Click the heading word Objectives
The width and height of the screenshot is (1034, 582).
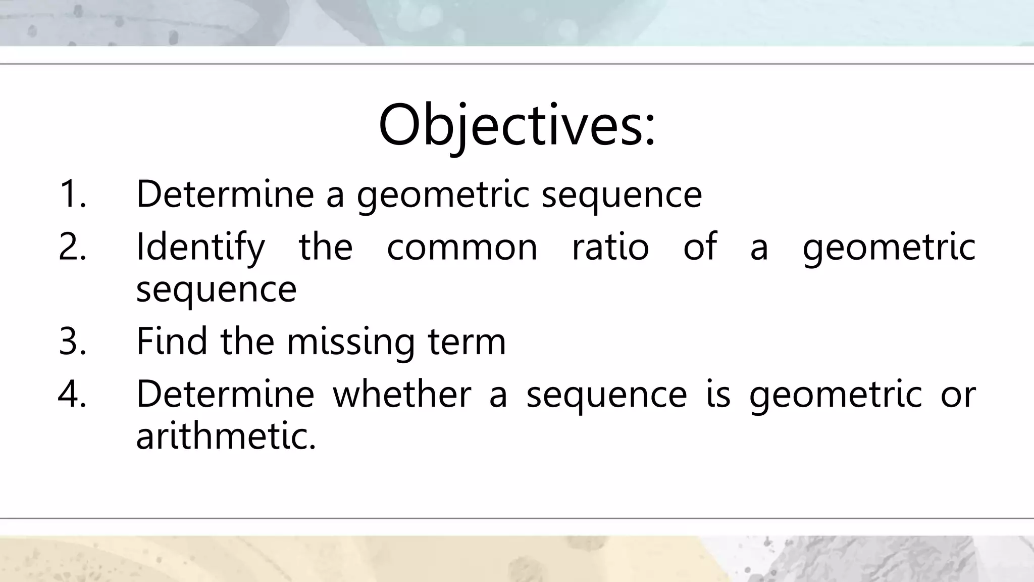[x=510, y=125]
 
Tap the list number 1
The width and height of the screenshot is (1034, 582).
[x=72, y=194]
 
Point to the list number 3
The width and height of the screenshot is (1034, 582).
[x=72, y=341]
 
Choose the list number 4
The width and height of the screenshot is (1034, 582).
[x=72, y=394]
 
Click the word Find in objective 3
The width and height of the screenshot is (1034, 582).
[x=172, y=341]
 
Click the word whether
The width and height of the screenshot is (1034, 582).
[x=402, y=394]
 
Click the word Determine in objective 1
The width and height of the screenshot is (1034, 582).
[x=225, y=194]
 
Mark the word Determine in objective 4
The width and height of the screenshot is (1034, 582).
[x=225, y=394]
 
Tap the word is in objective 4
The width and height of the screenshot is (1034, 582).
[x=718, y=394]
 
